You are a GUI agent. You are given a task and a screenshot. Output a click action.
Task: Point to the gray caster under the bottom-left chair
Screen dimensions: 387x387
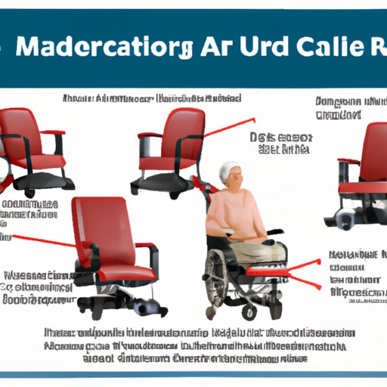coord(143,306)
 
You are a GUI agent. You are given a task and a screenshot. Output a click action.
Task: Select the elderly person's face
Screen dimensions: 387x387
coord(234,181)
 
